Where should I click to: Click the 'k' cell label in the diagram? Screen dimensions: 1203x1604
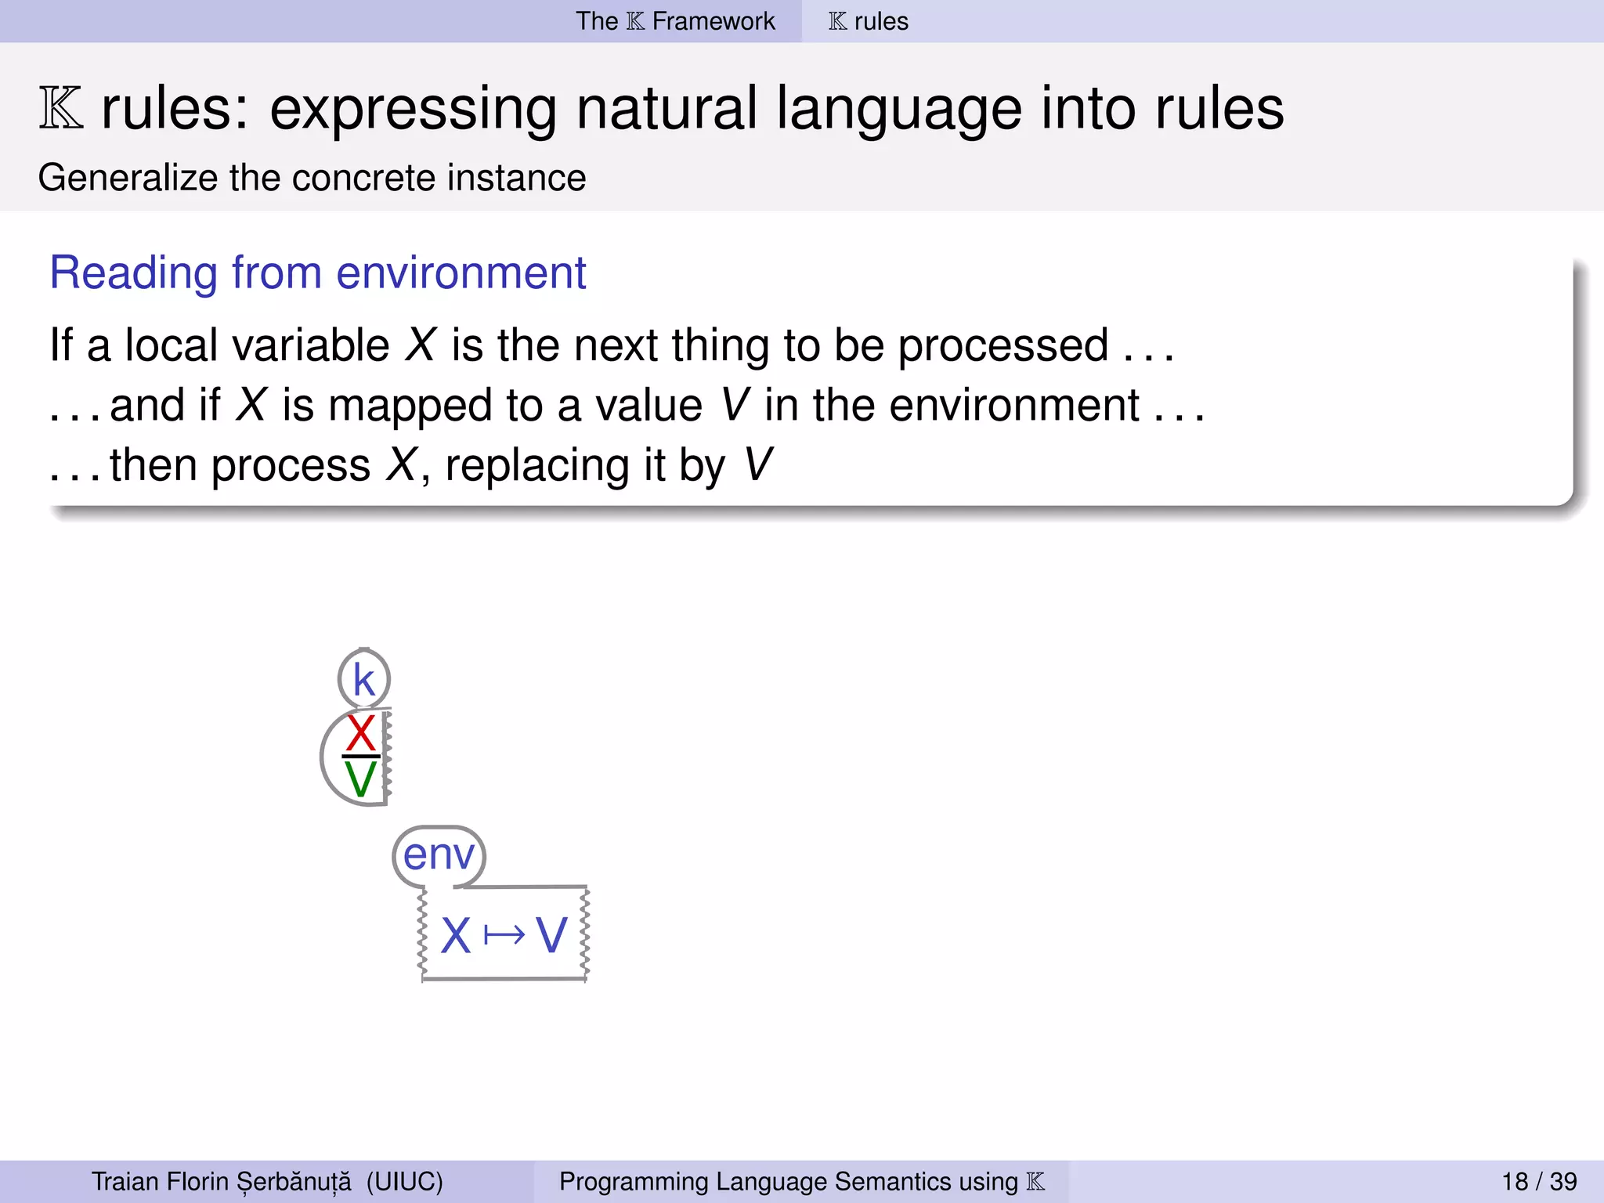pos(363,679)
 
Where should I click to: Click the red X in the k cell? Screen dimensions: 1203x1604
pos(360,733)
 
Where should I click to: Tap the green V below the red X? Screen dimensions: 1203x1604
pos(360,780)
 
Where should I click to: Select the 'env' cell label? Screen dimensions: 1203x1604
pos(439,854)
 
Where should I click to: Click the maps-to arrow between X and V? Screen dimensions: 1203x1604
pos(504,935)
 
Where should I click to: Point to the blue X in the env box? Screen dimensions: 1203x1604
pos(456,935)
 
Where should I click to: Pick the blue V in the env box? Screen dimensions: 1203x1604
pos(551,935)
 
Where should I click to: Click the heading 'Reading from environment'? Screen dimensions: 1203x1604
pos(317,273)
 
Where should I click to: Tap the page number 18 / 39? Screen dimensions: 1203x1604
pos(1539,1181)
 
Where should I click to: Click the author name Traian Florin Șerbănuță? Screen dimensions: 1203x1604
pos(222,1181)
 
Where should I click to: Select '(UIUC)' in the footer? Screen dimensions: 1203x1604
pos(404,1181)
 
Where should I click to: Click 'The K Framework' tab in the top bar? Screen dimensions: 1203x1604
pos(675,21)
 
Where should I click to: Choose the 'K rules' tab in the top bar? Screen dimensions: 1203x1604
pos(869,21)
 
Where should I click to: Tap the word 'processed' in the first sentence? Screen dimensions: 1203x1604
pos(1002,346)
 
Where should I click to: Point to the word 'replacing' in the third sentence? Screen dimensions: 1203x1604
pos(536,466)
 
